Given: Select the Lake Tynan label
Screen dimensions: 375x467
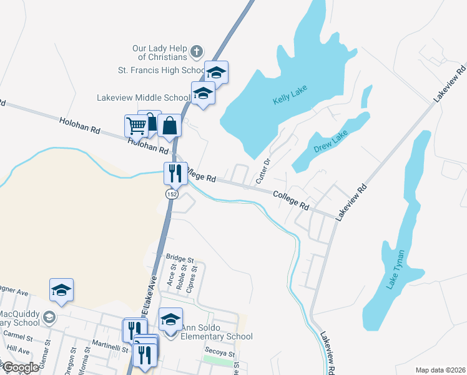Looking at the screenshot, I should tap(395, 269).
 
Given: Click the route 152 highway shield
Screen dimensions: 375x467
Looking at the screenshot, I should tap(170, 195).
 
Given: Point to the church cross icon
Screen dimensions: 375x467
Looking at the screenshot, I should tap(196, 51).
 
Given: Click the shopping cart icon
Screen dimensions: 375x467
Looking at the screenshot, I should tap(136, 126).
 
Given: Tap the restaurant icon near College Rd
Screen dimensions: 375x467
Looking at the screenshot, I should tap(175, 172).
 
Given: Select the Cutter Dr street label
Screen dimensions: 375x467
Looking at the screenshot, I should tap(263, 171).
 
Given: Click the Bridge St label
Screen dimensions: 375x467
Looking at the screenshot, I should tap(180, 257).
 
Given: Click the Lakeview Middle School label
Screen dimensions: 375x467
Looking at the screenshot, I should tap(143, 97).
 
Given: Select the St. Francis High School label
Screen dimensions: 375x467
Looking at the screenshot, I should tap(162, 70).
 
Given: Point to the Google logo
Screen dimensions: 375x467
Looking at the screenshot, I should tap(21, 367).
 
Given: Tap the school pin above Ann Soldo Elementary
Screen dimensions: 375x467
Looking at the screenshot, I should tap(170, 319).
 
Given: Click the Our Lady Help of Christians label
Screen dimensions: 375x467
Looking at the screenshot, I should tap(160, 52).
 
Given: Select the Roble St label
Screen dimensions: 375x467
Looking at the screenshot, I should tap(182, 276).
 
